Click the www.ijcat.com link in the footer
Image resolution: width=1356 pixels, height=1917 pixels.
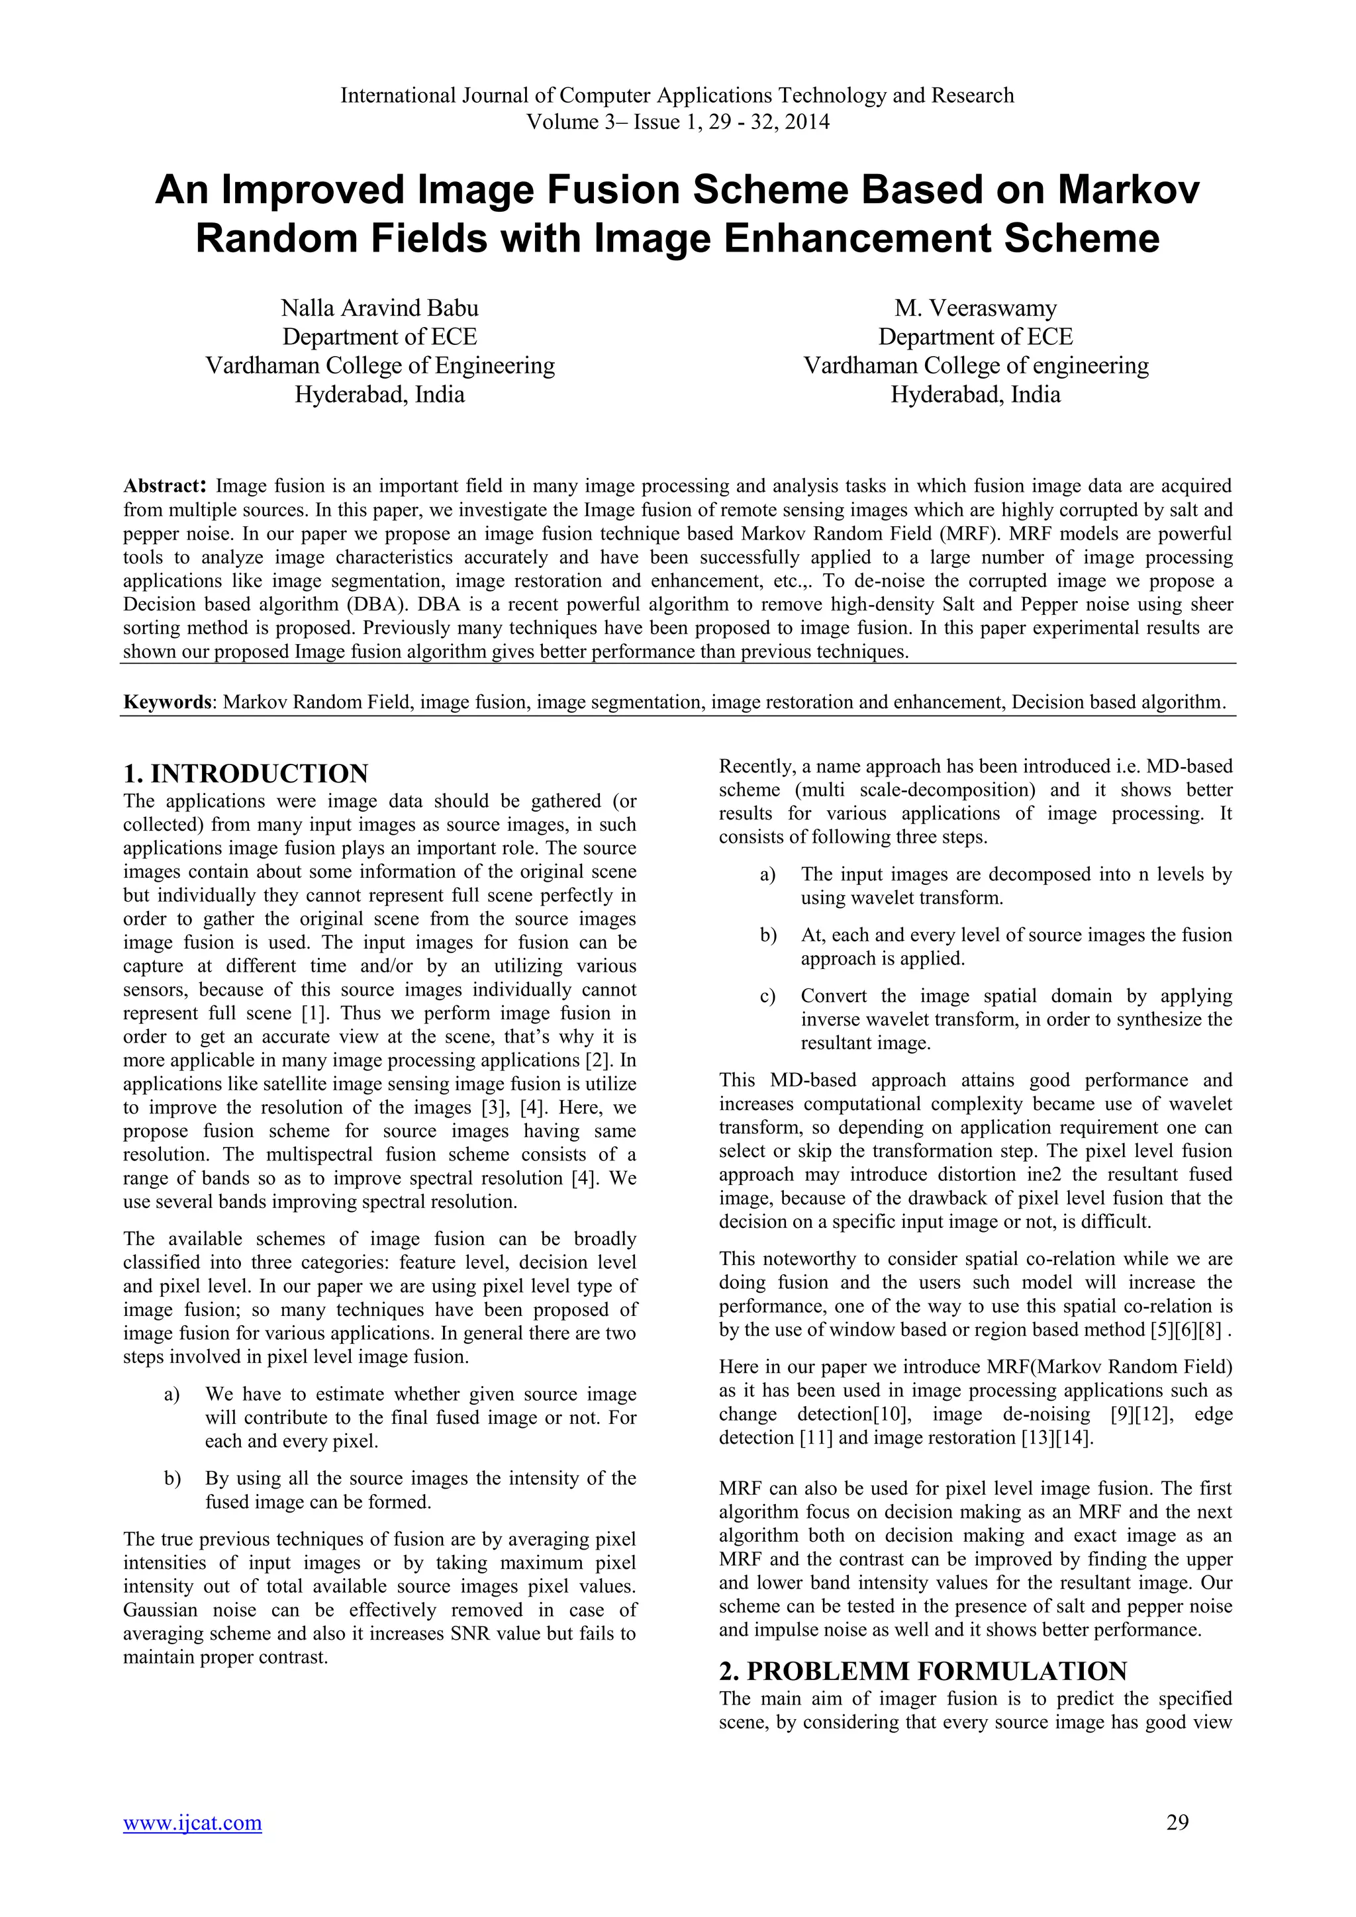[x=192, y=1822]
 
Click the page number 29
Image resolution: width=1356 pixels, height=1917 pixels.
[x=1177, y=1822]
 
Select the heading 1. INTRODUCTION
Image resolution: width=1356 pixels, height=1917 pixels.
[x=246, y=773]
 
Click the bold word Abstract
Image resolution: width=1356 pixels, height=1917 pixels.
[x=163, y=485]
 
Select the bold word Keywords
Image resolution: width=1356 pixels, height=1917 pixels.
[x=167, y=702]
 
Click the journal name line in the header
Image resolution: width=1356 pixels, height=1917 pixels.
[x=677, y=95]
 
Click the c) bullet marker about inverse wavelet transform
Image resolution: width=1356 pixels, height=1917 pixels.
[x=767, y=996]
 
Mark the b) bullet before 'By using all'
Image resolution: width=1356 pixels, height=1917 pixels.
[x=172, y=1478]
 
